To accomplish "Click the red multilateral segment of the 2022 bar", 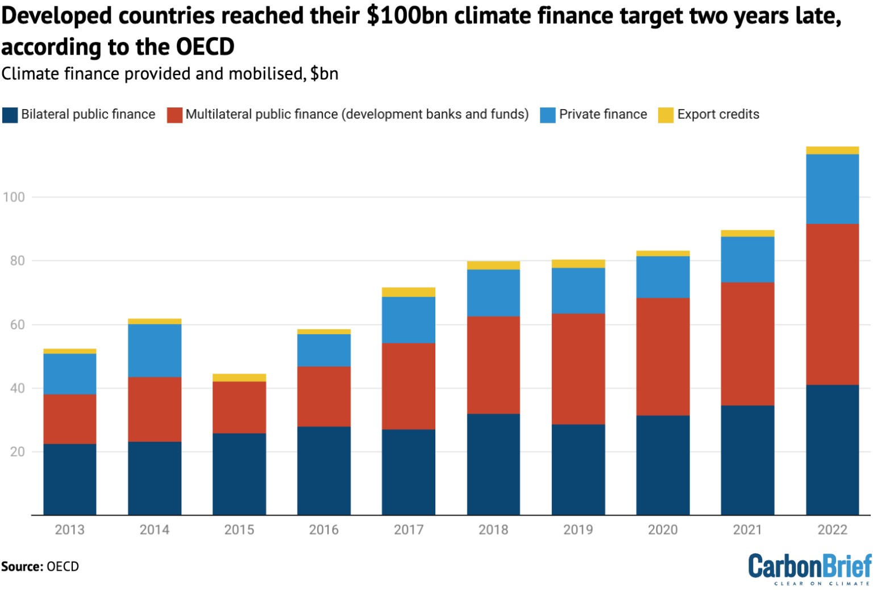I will click(832, 304).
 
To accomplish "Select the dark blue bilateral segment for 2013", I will click(69, 479).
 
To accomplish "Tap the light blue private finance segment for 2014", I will click(155, 350).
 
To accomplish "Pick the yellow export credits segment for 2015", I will click(239, 377).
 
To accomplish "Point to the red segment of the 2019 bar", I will click(578, 368).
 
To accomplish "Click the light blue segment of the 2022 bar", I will click(832, 189).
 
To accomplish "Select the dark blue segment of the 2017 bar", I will click(408, 472).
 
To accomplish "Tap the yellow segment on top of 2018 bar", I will click(493, 265).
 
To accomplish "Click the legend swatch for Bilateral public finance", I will click(10, 115).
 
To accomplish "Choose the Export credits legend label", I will click(718, 114).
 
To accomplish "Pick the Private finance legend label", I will click(602, 114).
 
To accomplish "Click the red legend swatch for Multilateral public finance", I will click(174, 115).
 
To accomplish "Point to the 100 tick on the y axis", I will click(14, 197).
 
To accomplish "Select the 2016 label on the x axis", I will click(323, 530).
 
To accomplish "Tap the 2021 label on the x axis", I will click(747, 530).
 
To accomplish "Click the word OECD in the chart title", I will click(205, 47).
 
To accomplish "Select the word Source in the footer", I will click(22, 567).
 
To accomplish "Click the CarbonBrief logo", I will click(809, 568).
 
